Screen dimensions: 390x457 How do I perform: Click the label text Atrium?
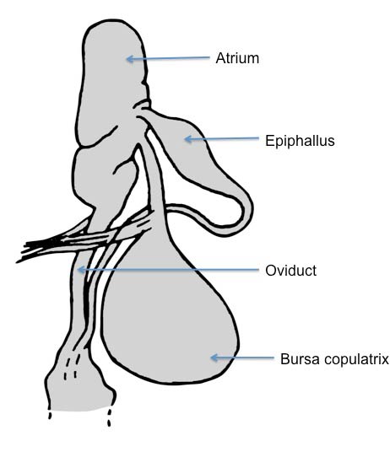(x=237, y=58)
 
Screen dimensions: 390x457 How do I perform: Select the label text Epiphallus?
(x=300, y=141)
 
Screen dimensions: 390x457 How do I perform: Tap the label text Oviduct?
(x=291, y=271)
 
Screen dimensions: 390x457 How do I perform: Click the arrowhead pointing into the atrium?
(x=130, y=59)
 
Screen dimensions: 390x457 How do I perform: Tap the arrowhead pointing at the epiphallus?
(x=188, y=139)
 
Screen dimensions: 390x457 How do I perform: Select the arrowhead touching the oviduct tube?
(x=81, y=270)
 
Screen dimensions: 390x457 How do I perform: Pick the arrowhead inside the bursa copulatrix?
(x=214, y=358)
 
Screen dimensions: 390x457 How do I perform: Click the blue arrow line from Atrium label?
(x=168, y=58)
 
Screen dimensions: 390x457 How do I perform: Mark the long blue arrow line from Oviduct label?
(x=168, y=270)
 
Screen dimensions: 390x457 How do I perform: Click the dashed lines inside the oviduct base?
(x=71, y=364)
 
